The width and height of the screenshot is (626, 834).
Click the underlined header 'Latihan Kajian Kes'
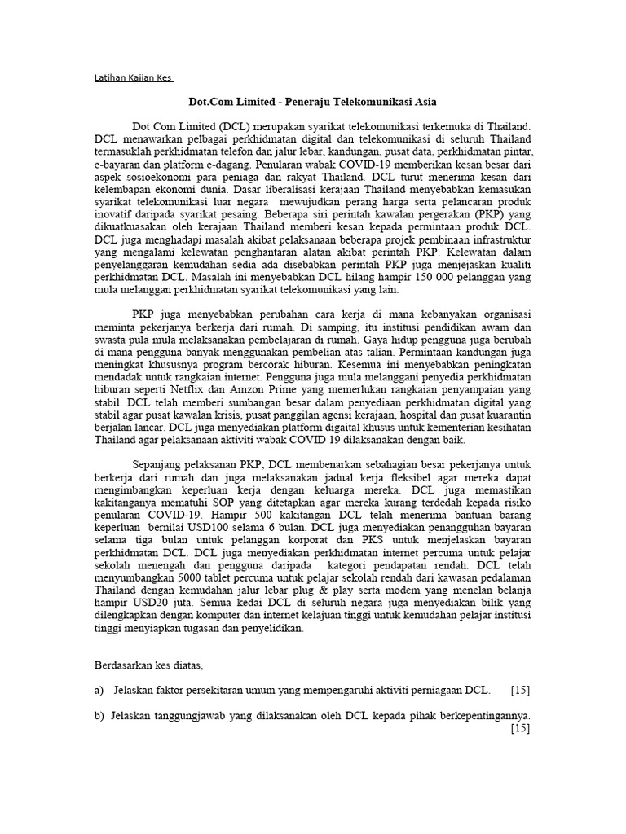[x=134, y=79]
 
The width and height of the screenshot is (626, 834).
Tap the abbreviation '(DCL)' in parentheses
[x=235, y=127]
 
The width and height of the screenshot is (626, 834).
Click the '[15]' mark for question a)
[x=520, y=691]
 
